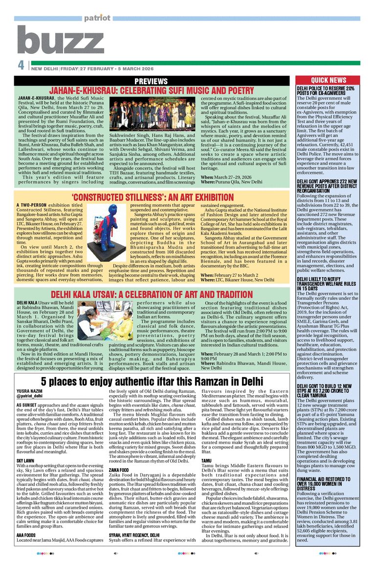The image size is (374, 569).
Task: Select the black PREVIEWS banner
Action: (x=151, y=81)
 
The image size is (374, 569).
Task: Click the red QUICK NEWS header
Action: (x=328, y=80)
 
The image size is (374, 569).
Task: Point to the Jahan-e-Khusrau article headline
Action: (x=152, y=91)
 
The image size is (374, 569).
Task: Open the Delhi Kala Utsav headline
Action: (x=152, y=294)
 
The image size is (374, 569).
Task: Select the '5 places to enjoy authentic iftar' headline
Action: (x=152, y=380)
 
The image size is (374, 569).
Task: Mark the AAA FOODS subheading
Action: (x=26, y=536)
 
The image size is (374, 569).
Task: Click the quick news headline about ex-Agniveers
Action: (x=326, y=91)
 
